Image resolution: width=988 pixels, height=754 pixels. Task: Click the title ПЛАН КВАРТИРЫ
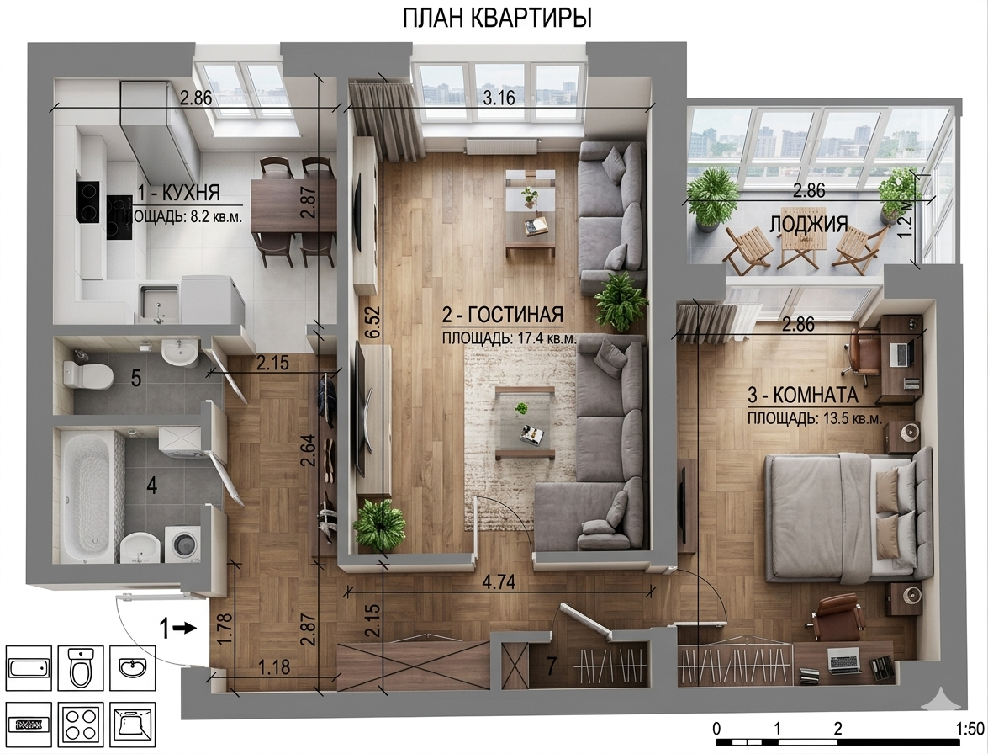click(x=497, y=19)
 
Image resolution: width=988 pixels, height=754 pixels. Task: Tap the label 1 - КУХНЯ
click(x=178, y=192)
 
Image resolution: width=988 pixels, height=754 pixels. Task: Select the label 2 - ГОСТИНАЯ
click(x=503, y=314)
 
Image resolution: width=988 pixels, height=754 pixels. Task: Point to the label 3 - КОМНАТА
click(x=803, y=396)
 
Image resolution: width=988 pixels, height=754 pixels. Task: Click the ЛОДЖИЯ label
click(x=808, y=224)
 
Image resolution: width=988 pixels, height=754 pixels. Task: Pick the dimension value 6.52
click(x=373, y=323)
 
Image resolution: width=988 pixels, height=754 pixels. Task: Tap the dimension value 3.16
click(x=498, y=98)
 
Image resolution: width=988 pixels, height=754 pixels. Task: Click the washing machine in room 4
click(x=182, y=541)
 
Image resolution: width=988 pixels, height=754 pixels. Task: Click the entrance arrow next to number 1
click(x=187, y=628)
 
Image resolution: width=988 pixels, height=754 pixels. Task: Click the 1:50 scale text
click(x=970, y=729)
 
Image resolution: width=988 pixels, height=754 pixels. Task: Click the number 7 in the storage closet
click(x=552, y=666)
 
